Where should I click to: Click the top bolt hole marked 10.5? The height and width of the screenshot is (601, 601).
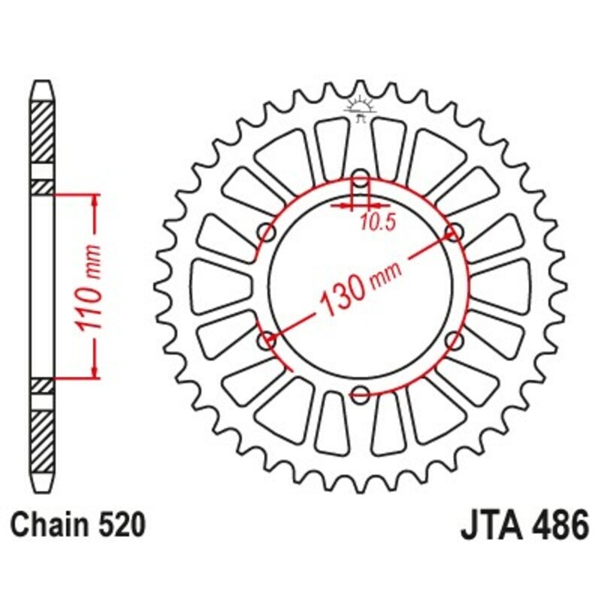361,181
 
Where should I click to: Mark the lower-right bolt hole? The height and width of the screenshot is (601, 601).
453,342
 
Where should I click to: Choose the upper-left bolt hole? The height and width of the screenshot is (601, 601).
267,233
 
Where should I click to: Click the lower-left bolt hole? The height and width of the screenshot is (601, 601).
267,342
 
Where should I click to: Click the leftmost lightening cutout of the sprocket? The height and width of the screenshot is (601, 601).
218,286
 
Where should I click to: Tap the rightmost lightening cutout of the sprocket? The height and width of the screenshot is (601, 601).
502,286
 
